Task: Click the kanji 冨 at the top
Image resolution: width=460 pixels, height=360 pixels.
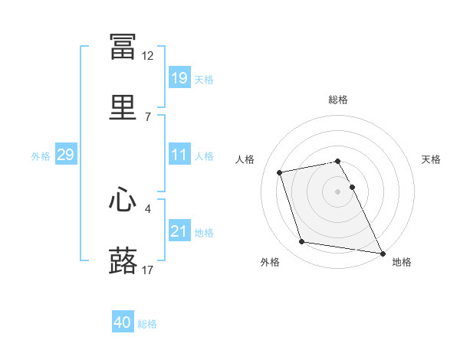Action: pyautogui.click(x=123, y=46)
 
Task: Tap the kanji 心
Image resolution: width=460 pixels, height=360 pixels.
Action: pyautogui.click(x=123, y=199)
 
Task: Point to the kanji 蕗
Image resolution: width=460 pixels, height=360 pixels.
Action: pyautogui.click(x=123, y=260)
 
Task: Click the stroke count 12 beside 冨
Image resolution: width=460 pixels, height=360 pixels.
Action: pyautogui.click(x=147, y=56)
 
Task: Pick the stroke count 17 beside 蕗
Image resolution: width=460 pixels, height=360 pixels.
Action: pyautogui.click(x=147, y=270)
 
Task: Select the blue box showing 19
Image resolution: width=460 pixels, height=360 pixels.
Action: pyautogui.click(x=179, y=77)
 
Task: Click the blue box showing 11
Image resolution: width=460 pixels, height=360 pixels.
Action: pyautogui.click(x=179, y=154)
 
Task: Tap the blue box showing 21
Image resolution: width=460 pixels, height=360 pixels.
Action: pyautogui.click(x=179, y=230)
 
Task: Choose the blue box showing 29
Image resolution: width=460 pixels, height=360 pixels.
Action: pyautogui.click(x=66, y=154)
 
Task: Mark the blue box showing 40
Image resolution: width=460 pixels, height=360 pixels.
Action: pyautogui.click(x=123, y=321)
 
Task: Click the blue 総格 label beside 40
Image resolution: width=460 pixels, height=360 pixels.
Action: pyautogui.click(x=147, y=324)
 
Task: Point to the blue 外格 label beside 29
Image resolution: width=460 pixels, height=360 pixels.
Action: pyautogui.click(x=41, y=156)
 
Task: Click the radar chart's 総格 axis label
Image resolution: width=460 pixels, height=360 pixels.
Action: pyautogui.click(x=338, y=100)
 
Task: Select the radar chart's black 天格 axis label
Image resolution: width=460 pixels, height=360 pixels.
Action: pyautogui.click(x=431, y=159)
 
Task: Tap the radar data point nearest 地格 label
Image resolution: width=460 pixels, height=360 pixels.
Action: pyautogui.click(x=383, y=254)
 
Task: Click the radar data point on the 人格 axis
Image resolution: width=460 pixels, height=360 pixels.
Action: pyautogui.click(x=279, y=172)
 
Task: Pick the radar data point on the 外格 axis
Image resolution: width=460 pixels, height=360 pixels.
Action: pyautogui.click(x=301, y=241)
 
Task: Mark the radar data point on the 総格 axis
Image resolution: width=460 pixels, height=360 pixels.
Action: pyautogui.click(x=337, y=162)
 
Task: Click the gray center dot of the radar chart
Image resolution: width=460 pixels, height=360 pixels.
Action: pyautogui.click(x=337, y=191)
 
